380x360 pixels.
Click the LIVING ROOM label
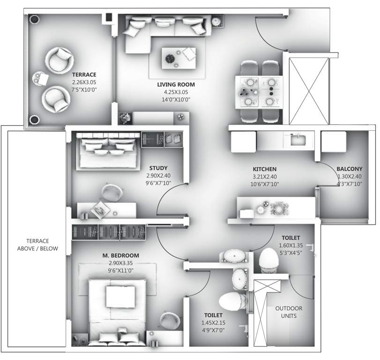point(176,84)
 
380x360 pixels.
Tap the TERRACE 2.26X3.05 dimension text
point(84,82)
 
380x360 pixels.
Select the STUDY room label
point(158,168)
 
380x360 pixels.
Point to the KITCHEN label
point(265,169)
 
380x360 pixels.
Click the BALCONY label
point(349,169)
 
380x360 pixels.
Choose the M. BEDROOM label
point(121,255)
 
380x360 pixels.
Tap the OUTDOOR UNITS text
point(289,312)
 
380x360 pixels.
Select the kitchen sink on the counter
point(296,139)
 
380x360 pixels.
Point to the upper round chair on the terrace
point(60,59)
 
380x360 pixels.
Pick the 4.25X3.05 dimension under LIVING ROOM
point(176,92)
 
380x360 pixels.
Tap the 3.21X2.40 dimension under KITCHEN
point(265,177)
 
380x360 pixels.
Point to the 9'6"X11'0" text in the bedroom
point(121,270)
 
